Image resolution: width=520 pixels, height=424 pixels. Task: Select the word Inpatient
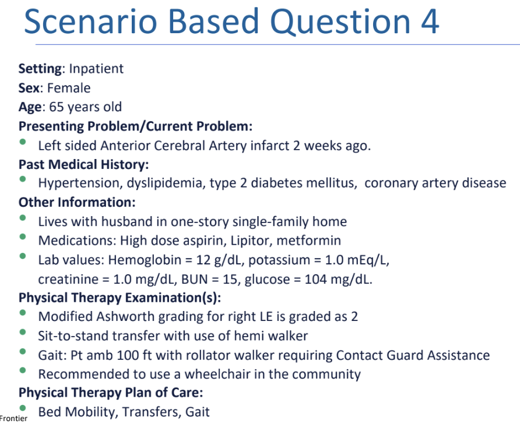coord(96,69)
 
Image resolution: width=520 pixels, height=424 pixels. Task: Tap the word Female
coord(69,88)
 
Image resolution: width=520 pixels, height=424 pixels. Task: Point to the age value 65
coord(57,107)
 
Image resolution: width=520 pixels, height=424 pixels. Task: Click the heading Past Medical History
coord(83,164)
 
